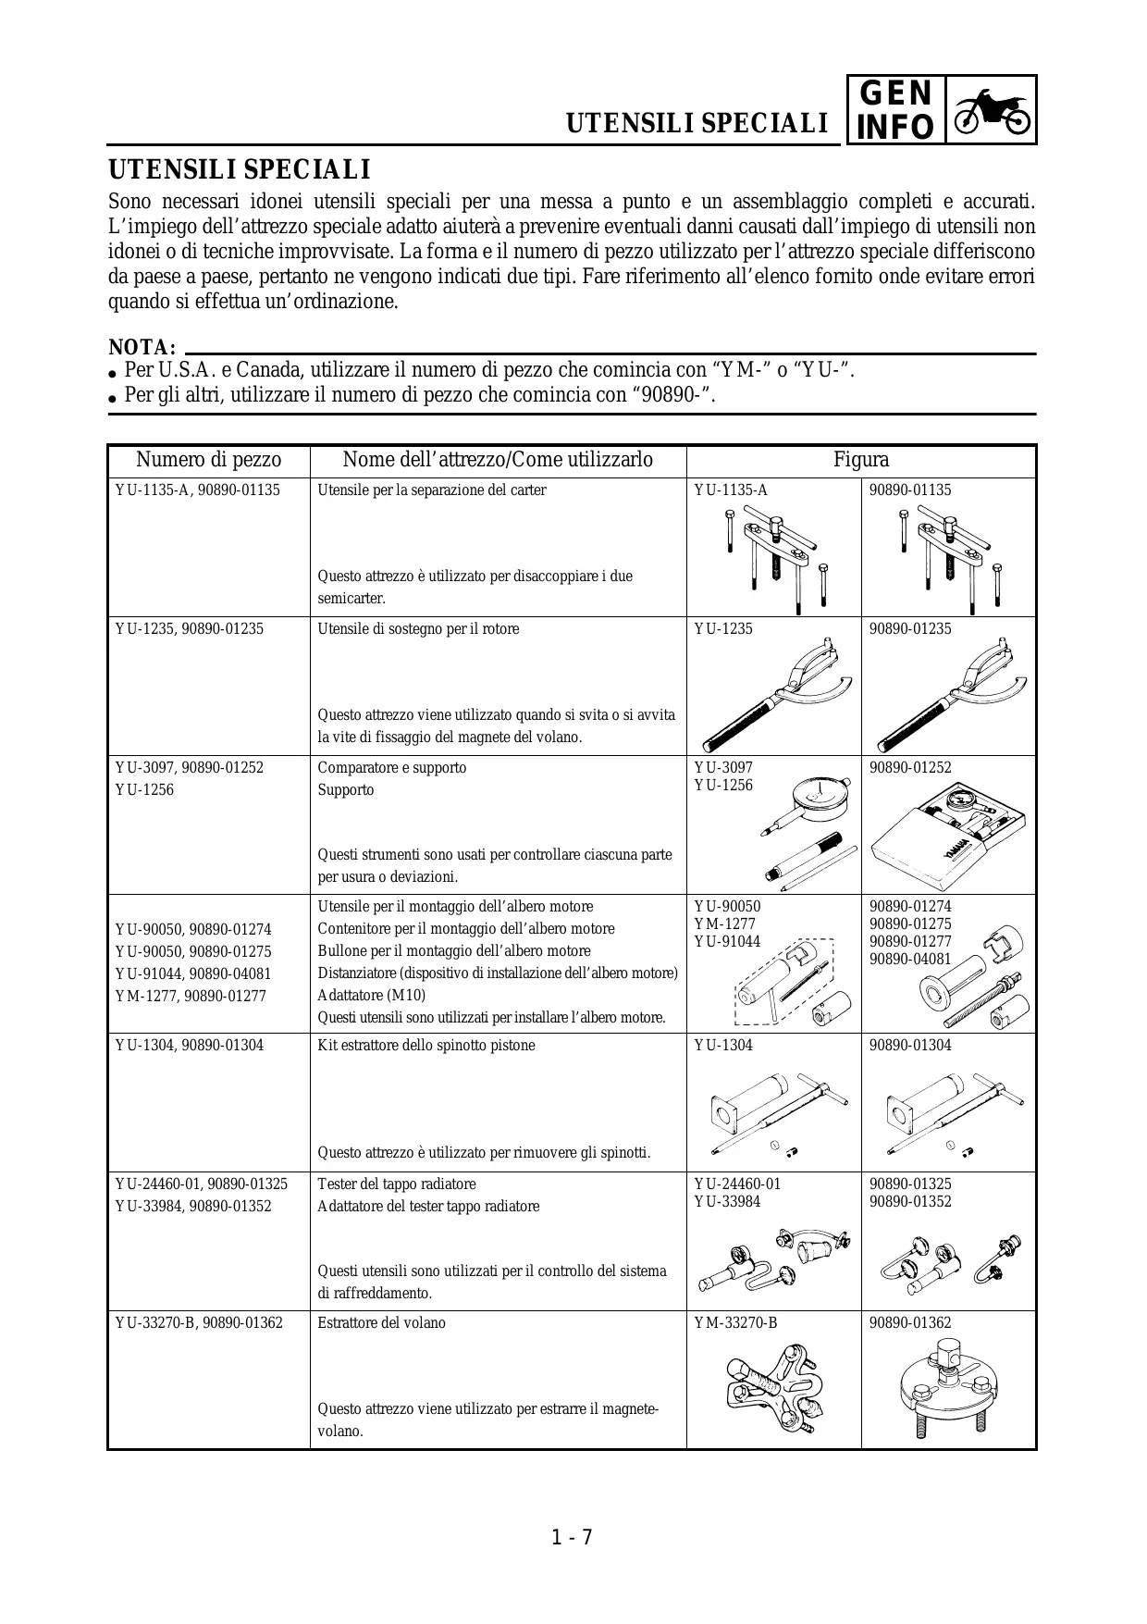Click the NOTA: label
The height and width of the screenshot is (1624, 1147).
[142, 348]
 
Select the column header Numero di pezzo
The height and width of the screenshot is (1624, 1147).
[208, 460]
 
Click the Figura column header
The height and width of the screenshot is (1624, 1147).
[860, 460]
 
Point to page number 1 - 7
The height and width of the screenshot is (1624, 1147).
[572, 1538]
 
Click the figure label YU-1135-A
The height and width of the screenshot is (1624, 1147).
[731, 490]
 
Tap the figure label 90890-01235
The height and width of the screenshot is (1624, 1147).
[910, 629]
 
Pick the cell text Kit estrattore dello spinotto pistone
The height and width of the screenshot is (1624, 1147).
[425, 1046]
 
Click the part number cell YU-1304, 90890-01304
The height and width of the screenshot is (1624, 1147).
[189, 1046]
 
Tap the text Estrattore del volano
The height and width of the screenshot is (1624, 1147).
[381, 1323]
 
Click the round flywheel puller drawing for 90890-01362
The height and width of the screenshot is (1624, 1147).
[946, 1388]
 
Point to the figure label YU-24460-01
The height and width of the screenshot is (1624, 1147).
[737, 1184]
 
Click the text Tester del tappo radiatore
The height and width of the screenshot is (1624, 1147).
[397, 1184]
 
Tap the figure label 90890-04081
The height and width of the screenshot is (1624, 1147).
[910, 960]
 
